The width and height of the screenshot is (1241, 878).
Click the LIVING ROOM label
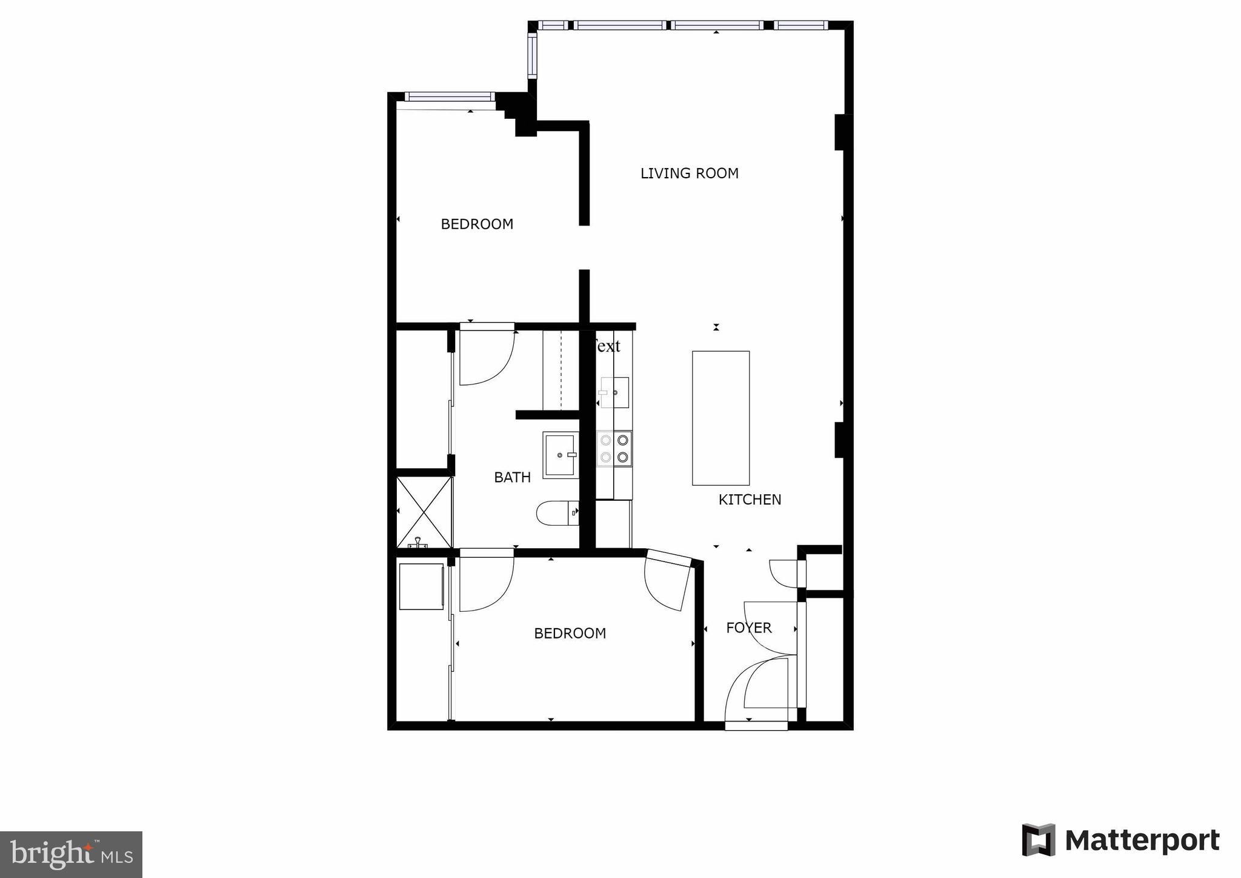coord(689,173)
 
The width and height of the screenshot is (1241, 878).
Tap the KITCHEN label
coord(750,500)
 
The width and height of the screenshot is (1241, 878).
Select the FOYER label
coord(749,628)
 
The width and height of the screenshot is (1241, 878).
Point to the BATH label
coord(512,478)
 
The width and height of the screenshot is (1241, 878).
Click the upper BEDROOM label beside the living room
coord(477,224)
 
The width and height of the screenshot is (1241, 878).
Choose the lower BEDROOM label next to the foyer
coord(570,634)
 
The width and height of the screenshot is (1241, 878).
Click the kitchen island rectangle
coord(720,418)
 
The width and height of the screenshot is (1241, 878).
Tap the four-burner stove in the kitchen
coord(614,449)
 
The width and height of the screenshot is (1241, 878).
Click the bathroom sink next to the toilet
coord(559,455)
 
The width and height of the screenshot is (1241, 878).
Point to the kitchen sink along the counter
coord(615,392)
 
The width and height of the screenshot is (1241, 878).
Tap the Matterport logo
coord(1120,840)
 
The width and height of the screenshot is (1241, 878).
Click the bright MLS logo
coord(71,854)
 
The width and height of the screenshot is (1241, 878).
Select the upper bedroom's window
coord(448,96)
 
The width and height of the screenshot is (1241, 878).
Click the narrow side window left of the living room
coord(532,56)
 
